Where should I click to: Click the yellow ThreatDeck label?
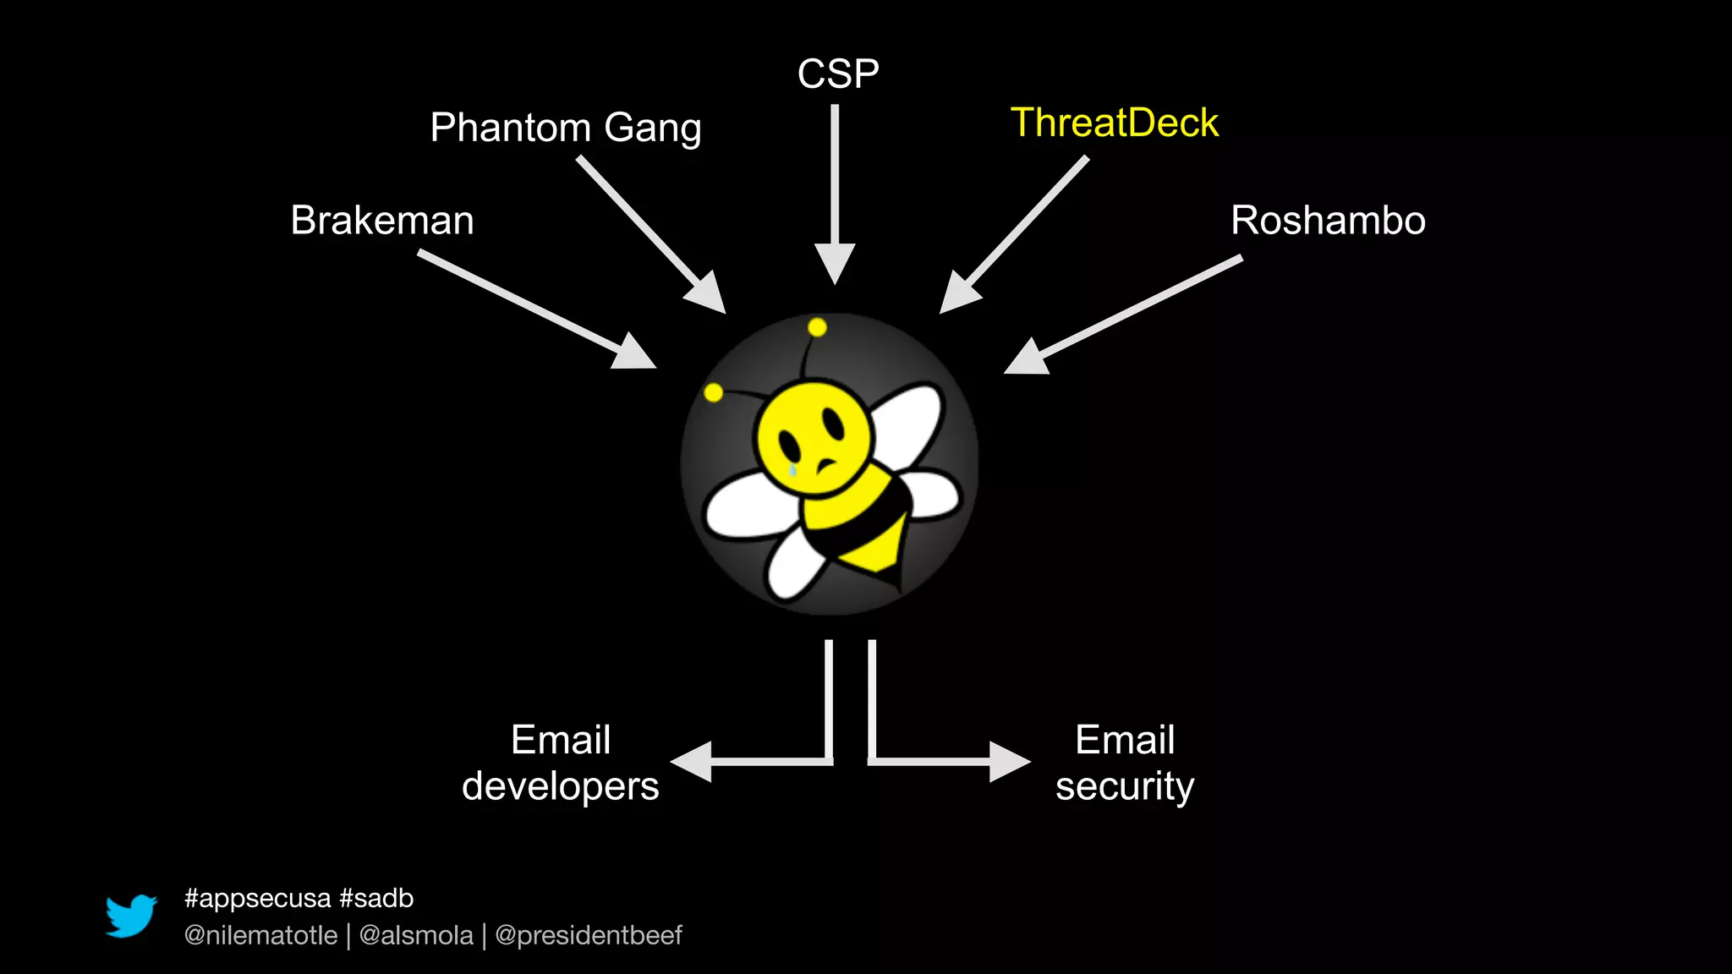click(x=1115, y=123)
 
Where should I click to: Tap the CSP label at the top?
click(x=838, y=74)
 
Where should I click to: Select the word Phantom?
click(x=510, y=128)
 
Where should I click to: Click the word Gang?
click(x=653, y=129)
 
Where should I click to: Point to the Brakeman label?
click(x=382, y=221)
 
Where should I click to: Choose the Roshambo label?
click(x=1328, y=221)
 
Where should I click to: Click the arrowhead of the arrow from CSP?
click(x=835, y=262)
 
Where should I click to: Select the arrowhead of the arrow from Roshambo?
click(x=1028, y=357)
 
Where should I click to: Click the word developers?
click(x=560, y=787)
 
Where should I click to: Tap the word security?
click(x=1125, y=787)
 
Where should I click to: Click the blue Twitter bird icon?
click(x=131, y=916)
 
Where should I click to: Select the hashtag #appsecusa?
click(x=257, y=898)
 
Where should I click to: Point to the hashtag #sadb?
click(x=376, y=898)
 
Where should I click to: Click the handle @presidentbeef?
click(x=588, y=936)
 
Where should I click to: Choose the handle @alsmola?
click(x=416, y=936)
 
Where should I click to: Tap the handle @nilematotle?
click(x=260, y=936)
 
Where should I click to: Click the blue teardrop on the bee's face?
click(x=792, y=468)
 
